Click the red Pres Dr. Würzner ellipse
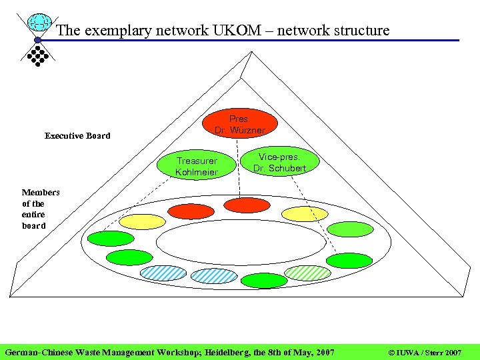pyautogui.click(x=239, y=124)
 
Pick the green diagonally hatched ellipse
pyautogui.click(x=308, y=273)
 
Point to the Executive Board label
pyautogui.click(x=77, y=136)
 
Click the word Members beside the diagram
pyautogui.click(x=41, y=193)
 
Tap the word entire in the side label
pyautogui.click(x=33, y=215)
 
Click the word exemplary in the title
pyautogui.click(x=111, y=30)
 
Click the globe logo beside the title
pyautogui.click(x=40, y=24)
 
